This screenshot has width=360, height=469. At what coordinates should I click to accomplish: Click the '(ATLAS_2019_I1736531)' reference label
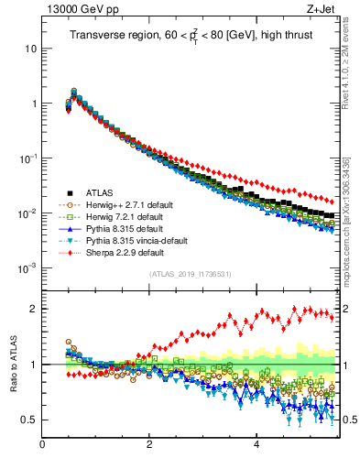pos(191,274)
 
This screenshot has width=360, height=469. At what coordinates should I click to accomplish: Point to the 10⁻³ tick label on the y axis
pos(27,267)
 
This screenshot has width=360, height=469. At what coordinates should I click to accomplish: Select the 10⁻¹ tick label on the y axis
pos(27,158)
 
